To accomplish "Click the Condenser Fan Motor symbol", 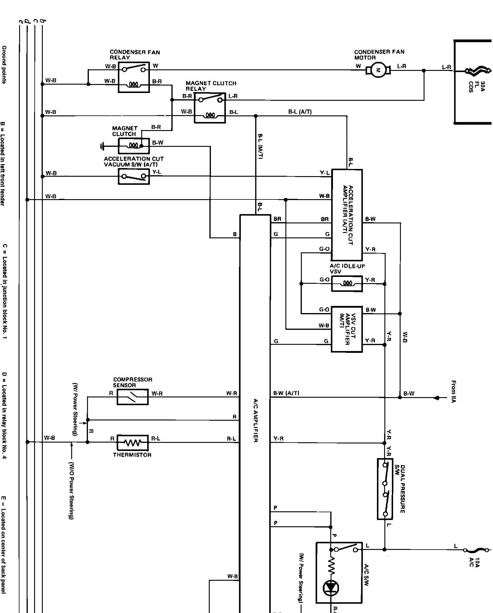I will pyautogui.click(x=378, y=71).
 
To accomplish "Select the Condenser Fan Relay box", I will pyautogui.click(x=134, y=77).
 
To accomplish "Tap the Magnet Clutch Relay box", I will pyautogui.click(x=210, y=108).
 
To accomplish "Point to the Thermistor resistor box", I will pyautogui.click(x=132, y=443).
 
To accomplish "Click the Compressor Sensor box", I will pyautogui.click(x=132, y=397).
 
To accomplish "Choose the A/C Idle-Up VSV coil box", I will pyautogui.click(x=347, y=283).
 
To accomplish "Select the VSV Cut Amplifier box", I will pyautogui.click(x=347, y=329).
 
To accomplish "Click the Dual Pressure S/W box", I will pyautogui.click(x=385, y=489).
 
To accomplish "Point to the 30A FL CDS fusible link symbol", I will pyautogui.click(x=478, y=71).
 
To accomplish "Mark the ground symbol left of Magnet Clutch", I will pyautogui.click(x=103, y=146).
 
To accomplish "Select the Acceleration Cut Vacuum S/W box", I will pyautogui.click(x=134, y=176).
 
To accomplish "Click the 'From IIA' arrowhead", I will pyautogui.click(x=436, y=398).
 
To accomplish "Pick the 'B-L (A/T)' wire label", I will pyautogui.click(x=300, y=112).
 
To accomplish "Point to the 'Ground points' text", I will pyautogui.click(x=4, y=64).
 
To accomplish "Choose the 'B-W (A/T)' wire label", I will pyautogui.click(x=286, y=393).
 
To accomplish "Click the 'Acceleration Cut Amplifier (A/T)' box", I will pyautogui.click(x=347, y=215).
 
